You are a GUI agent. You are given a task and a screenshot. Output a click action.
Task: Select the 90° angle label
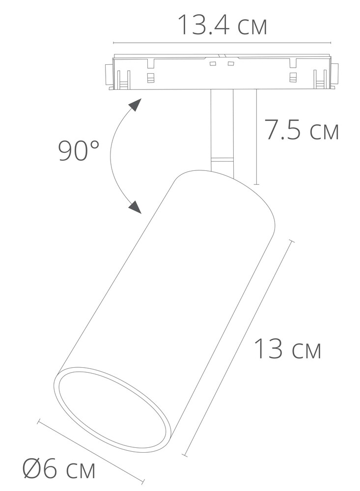79,150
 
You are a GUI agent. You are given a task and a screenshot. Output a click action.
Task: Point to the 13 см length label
287,349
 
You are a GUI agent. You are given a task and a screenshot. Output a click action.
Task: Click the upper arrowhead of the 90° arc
136,105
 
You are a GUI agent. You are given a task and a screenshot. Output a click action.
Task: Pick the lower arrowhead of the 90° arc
136,207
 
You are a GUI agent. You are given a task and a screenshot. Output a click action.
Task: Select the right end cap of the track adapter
335,74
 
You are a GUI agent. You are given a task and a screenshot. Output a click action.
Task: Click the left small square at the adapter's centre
213,64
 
